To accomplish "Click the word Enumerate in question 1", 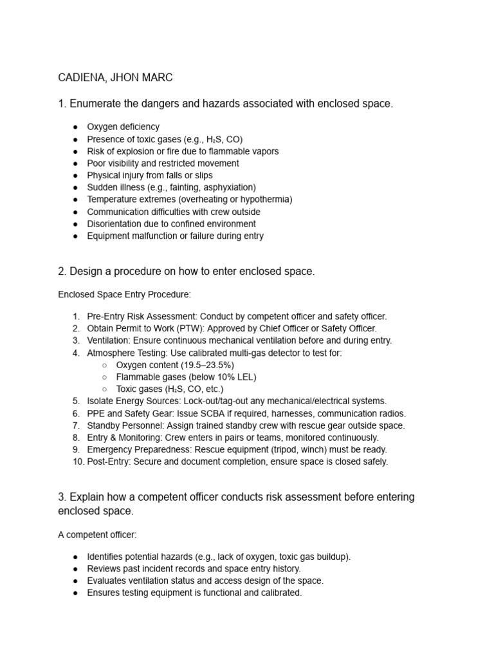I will coord(98,104).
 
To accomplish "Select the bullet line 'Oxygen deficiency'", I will coord(123,127).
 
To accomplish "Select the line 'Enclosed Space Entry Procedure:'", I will coord(125,295).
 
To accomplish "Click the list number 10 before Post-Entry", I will coord(75,461).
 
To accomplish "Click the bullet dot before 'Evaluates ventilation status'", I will coord(75,580).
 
